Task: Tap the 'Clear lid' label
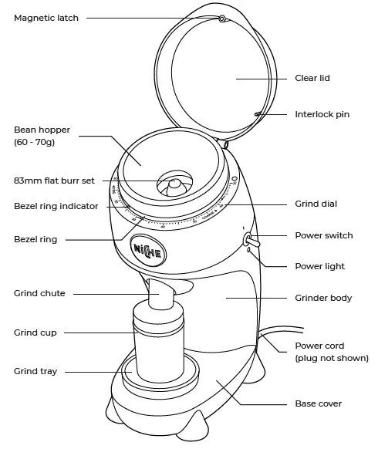tap(312, 78)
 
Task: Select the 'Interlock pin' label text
tap(322, 114)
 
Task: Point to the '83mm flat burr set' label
tap(54, 181)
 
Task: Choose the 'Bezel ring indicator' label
tap(56, 207)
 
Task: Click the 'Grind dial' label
tap(316, 204)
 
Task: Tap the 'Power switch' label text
tap(324, 235)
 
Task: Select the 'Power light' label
tap(319, 266)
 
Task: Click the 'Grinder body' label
tap(323, 297)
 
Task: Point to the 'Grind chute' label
tap(39, 293)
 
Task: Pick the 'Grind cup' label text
tap(35, 333)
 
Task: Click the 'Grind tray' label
tap(35, 371)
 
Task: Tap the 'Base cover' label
tap(319, 403)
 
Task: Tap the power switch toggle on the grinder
tap(248, 240)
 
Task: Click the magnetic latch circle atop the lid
tap(222, 18)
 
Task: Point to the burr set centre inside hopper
tap(176, 184)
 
